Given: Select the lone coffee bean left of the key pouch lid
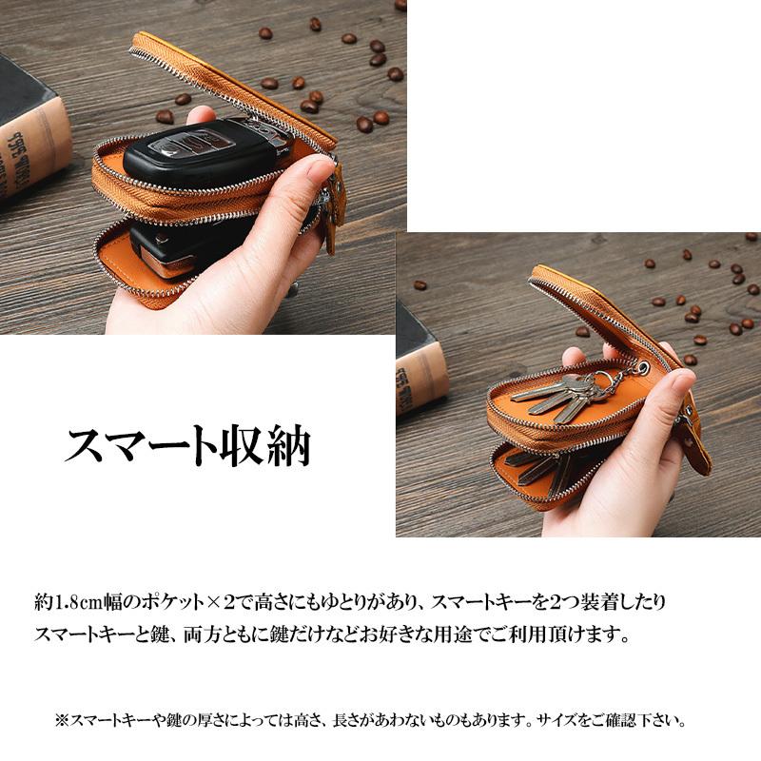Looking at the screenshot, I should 420,284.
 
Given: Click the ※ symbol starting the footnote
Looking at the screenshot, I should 63,721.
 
